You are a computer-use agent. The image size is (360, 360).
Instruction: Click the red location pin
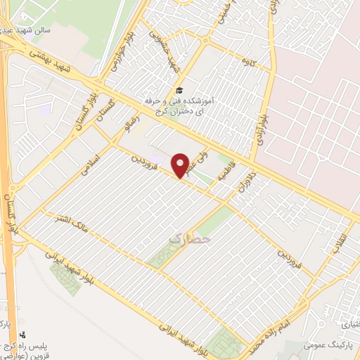tap(181, 165)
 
